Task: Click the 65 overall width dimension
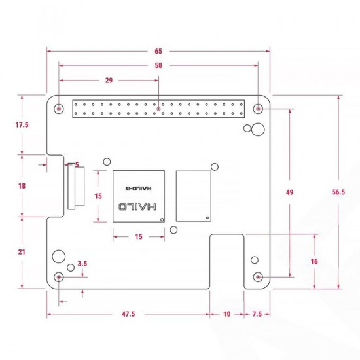[x=158, y=51]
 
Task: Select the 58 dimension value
[x=158, y=65]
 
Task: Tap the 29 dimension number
[x=109, y=81]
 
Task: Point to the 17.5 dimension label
[x=22, y=125]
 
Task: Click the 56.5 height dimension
[x=338, y=192]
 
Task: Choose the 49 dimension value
[x=290, y=192]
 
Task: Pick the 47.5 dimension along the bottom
[x=128, y=314]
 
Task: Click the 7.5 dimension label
[x=257, y=314]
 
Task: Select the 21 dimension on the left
[x=22, y=252]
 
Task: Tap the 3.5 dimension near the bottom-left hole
[x=82, y=264]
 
